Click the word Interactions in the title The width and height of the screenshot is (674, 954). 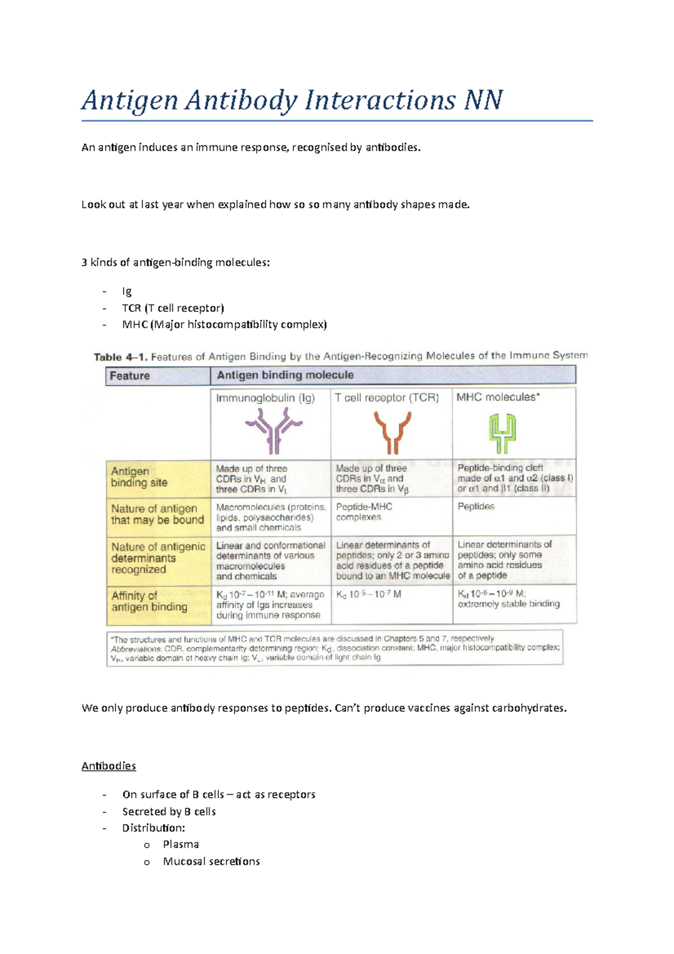point(380,101)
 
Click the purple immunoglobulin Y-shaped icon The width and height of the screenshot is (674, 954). point(274,430)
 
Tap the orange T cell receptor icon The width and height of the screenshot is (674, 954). point(392,431)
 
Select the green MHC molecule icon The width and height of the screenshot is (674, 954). point(502,433)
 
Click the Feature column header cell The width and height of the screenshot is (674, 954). point(130,376)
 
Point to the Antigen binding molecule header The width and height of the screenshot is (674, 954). point(285,375)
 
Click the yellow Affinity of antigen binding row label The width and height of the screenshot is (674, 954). point(149,601)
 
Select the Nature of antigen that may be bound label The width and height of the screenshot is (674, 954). point(157,514)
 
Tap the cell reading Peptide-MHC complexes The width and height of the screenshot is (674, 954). point(364,511)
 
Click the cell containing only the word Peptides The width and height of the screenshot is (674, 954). point(476,506)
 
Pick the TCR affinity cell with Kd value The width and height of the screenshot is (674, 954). point(368,594)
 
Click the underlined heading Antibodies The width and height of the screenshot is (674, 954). point(108,766)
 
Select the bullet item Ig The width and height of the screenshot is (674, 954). point(127,291)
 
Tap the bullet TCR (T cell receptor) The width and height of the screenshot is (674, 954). point(173,308)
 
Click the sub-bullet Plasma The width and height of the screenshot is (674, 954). point(181,844)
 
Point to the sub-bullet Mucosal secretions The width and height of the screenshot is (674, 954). point(211,861)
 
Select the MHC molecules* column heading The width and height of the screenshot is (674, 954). point(498,397)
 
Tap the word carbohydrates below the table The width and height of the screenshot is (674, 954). point(529,708)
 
